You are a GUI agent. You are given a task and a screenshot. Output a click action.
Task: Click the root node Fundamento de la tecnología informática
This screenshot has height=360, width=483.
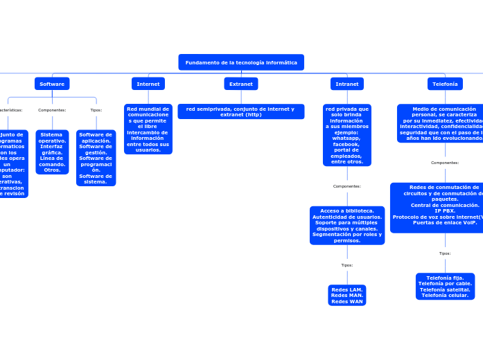point(241,62)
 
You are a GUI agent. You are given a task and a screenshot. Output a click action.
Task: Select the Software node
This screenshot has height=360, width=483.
point(52,84)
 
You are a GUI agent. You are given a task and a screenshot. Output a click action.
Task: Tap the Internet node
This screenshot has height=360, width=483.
point(148,84)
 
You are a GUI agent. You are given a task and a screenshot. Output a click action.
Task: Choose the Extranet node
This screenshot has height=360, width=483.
point(241,84)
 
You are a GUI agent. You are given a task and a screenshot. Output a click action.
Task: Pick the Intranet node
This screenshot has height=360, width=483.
point(347,84)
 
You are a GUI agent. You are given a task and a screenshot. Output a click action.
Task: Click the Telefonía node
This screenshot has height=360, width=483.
point(445,84)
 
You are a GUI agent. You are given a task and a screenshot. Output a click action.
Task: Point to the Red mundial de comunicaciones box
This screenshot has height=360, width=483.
point(148,129)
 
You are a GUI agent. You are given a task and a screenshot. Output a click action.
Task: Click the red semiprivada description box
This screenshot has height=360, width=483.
point(241,111)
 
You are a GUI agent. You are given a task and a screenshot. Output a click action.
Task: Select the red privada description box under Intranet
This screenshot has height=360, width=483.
point(347,135)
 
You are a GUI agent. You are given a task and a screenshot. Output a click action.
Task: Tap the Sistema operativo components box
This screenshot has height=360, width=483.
point(52,152)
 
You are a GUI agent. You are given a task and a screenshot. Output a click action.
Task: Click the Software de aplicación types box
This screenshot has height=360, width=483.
point(96,158)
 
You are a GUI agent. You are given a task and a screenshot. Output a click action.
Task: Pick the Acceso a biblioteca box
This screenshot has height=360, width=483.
point(347,225)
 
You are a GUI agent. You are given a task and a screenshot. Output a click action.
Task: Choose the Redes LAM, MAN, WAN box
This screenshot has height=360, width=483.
point(347,295)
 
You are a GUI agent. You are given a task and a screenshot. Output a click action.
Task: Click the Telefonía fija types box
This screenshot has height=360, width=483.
point(445,286)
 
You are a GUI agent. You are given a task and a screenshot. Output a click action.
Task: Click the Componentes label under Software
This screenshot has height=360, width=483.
point(52,109)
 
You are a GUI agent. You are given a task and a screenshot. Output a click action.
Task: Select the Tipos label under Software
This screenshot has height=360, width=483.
point(96,109)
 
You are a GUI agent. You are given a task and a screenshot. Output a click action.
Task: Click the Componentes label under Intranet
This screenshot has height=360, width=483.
point(347,186)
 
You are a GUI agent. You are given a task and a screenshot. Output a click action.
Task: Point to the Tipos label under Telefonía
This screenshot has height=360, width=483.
point(445,253)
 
